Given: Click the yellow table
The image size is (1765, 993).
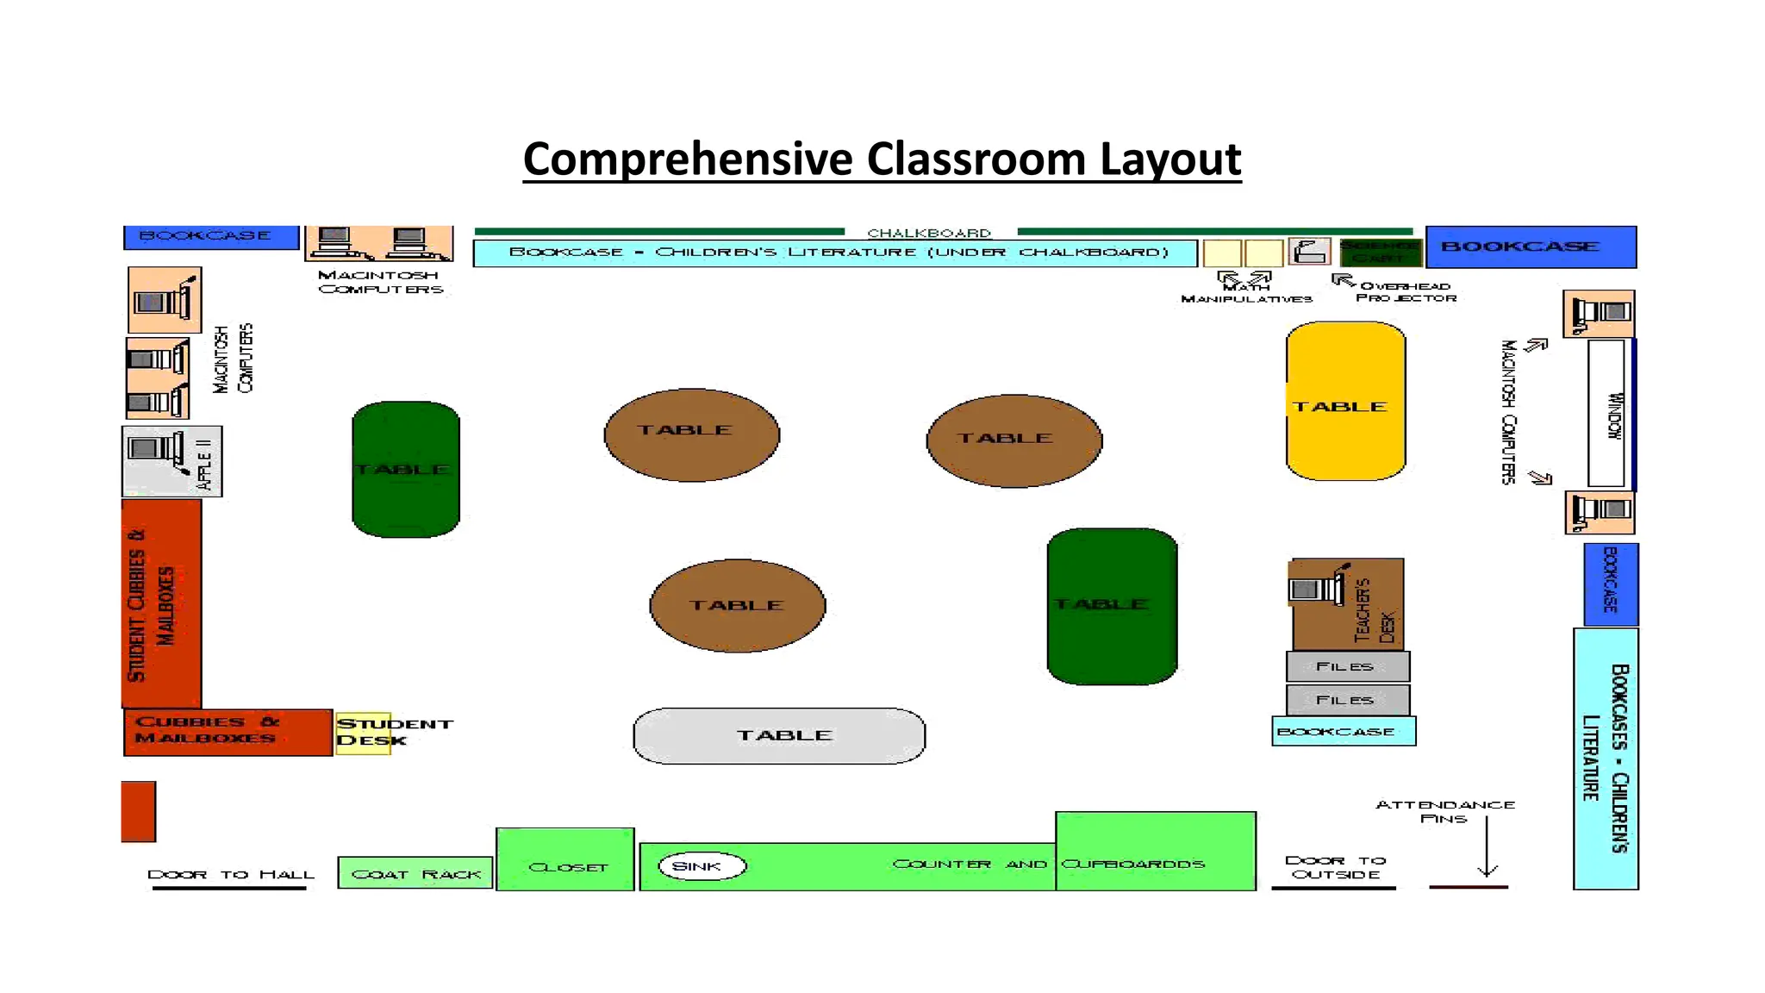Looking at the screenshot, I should (x=1345, y=402).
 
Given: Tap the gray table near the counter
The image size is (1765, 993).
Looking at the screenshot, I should (x=779, y=735).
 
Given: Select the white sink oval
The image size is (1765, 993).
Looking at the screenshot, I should (x=702, y=866).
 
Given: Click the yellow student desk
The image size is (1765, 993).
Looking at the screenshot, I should (x=364, y=733).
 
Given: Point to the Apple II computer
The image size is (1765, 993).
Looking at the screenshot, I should (x=157, y=450).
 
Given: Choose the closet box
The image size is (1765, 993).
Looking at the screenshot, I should (x=565, y=859).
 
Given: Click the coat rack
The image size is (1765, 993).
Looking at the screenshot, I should (x=415, y=873).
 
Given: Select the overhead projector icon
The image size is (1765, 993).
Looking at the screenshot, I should (x=1309, y=252).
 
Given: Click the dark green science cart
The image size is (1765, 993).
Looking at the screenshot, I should (x=1381, y=252).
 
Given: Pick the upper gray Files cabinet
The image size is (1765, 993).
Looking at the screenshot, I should (x=1347, y=666).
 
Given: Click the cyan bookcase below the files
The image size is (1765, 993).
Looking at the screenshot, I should (x=1344, y=732).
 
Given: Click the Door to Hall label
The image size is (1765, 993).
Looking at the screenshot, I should (x=230, y=874).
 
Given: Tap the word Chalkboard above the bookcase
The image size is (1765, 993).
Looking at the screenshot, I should (x=929, y=233).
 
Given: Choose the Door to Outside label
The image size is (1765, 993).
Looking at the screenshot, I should (x=1335, y=867).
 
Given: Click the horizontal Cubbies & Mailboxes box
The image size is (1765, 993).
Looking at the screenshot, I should (x=228, y=732).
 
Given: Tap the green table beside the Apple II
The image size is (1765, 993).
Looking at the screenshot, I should (x=406, y=469).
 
